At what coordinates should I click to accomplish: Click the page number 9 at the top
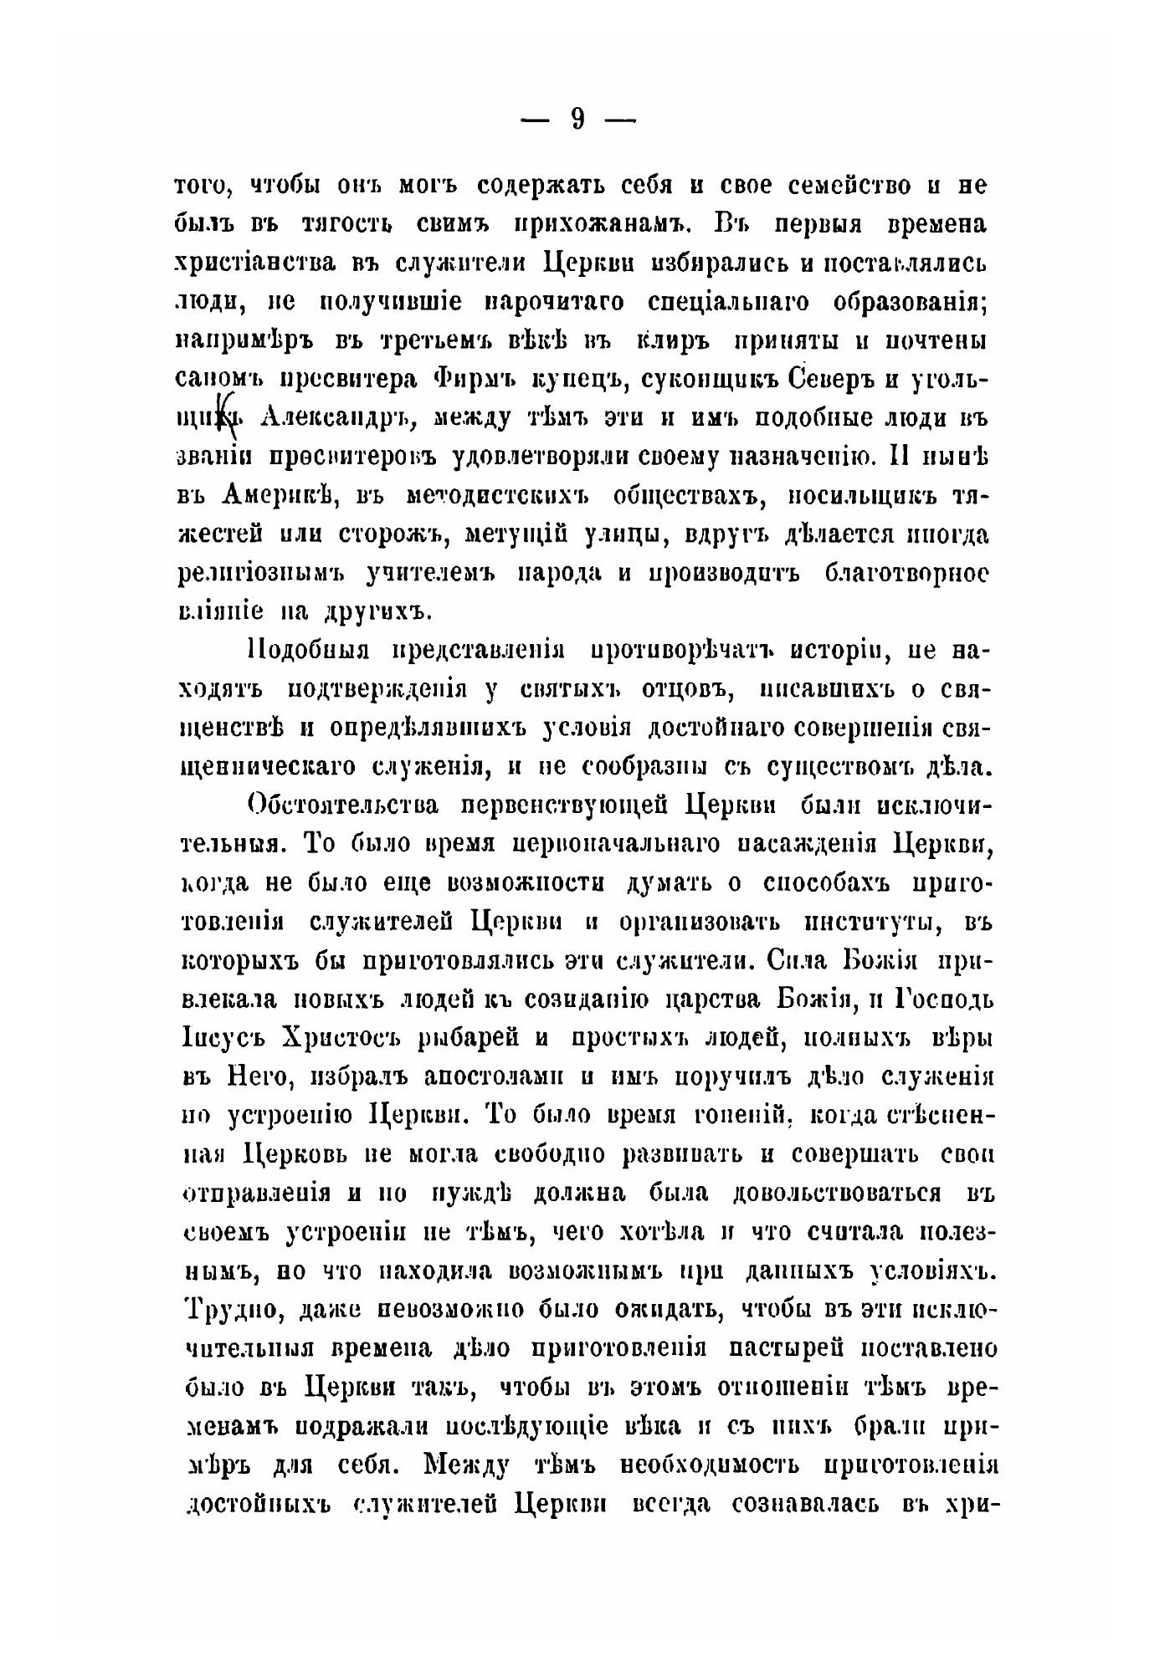pos(578,120)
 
